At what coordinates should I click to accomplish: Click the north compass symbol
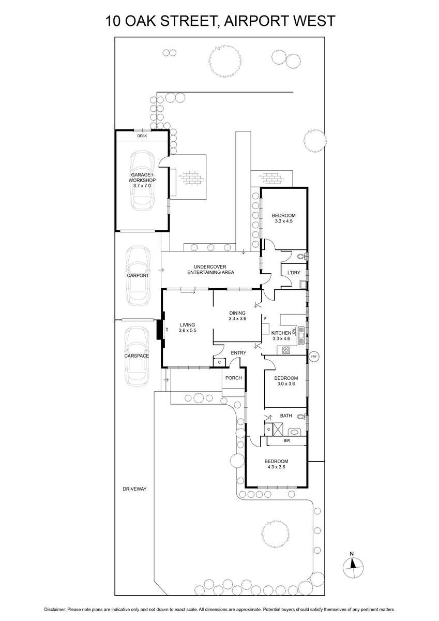pos(353,565)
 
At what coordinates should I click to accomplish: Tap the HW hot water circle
pos(313,357)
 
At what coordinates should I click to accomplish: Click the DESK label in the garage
pos(142,136)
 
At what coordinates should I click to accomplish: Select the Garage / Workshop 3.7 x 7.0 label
pos(142,180)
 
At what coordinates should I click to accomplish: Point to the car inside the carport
pos(138,275)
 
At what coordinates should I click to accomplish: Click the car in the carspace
pos(137,356)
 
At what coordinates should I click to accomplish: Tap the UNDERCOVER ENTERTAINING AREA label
pos(210,270)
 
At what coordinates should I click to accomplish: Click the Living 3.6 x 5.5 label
pos(188,328)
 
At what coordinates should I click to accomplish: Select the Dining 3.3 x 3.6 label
pos(237,316)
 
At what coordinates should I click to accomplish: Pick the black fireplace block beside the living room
pos(160,330)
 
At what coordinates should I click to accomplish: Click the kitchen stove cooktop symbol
pos(286,350)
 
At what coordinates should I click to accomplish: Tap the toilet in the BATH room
pos(301,417)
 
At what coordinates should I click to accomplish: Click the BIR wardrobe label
pos(286,440)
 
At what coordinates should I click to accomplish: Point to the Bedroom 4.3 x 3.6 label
pos(276,464)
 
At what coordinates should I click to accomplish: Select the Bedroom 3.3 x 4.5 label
pos(284,218)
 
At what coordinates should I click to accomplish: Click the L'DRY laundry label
pos(294,273)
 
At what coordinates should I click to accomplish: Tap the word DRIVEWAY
pos(134,489)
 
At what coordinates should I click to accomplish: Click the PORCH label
pos(234,378)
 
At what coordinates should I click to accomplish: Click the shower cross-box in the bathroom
pos(278,429)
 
